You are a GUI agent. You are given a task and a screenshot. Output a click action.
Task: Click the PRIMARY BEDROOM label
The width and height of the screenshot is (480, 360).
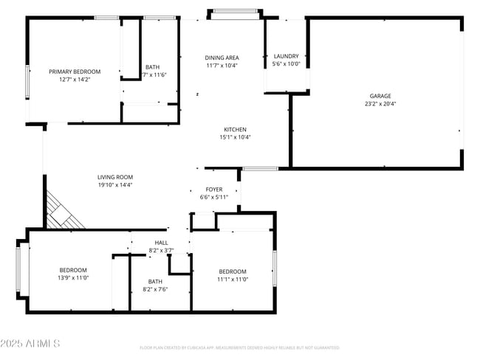(75, 72)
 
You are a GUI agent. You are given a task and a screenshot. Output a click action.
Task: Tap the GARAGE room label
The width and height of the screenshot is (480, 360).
(380, 96)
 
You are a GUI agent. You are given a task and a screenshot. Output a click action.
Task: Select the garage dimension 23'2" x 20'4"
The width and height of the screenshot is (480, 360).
(380, 104)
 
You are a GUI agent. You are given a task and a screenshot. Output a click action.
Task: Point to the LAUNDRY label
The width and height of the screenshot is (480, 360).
(286, 56)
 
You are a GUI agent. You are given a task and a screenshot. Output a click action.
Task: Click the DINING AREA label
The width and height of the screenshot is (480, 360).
(222, 58)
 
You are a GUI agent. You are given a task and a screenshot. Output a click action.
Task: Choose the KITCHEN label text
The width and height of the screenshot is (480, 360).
(235, 129)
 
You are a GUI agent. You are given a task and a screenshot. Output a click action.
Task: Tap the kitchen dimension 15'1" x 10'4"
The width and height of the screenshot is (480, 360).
(235, 137)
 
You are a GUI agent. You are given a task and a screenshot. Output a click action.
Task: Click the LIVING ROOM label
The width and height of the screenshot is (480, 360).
(115, 177)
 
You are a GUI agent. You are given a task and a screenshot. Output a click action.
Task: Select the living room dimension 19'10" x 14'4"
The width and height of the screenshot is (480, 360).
(115, 185)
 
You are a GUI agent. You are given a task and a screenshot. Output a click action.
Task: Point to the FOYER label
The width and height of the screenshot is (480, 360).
(214, 190)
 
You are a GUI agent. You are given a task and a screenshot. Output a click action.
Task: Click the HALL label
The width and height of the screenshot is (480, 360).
(161, 242)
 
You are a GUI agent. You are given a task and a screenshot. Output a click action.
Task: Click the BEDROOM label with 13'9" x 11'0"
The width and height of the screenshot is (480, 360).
(73, 270)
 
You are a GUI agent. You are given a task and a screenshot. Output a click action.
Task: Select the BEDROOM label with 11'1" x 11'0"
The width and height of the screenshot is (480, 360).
(232, 271)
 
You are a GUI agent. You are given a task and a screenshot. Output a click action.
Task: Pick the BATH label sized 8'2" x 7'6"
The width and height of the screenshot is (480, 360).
(155, 281)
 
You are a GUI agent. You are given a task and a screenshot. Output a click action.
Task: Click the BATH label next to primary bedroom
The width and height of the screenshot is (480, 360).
(152, 67)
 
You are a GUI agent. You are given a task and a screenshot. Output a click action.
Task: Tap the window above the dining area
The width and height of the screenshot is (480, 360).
(236, 11)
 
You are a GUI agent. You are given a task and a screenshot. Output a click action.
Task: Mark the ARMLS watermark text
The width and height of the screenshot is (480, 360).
(31, 344)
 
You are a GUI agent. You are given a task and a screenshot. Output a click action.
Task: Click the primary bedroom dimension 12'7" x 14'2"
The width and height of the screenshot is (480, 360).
(75, 80)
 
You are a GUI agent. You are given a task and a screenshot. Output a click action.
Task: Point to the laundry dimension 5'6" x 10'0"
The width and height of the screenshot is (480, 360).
(286, 64)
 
